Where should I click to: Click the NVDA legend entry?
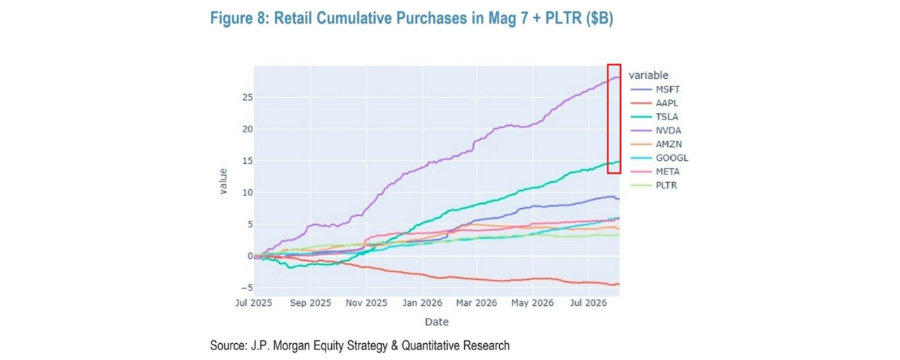click(x=656, y=130)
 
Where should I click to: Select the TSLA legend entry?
click(x=654, y=117)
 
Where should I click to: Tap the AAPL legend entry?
click(x=654, y=103)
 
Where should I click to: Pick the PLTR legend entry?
click(x=654, y=185)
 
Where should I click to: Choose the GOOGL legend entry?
click(x=660, y=158)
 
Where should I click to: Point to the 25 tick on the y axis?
click(x=247, y=97)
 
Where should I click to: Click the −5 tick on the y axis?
click(x=247, y=288)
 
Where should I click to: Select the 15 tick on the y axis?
click(x=247, y=161)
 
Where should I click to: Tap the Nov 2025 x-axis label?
click(x=366, y=303)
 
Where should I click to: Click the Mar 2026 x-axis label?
click(x=477, y=303)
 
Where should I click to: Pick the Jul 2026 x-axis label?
click(x=589, y=303)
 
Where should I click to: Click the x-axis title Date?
click(x=437, y=322)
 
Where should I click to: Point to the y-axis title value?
click(x=223, y=181)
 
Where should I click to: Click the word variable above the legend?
click(x=648, y=75)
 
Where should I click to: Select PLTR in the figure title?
click(x=563, y=18)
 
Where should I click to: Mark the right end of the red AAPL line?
click(x=619, y=284)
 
